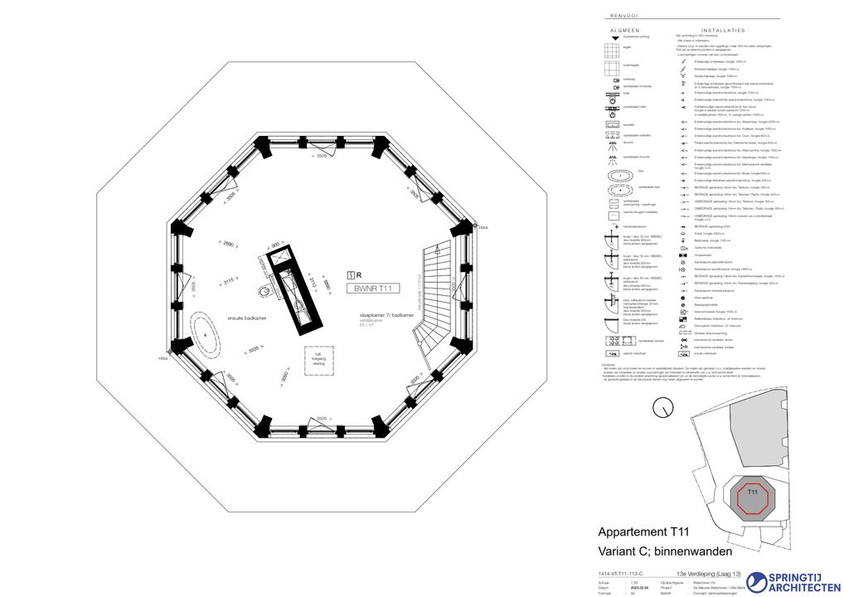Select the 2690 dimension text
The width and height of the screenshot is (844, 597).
tap(229, 243)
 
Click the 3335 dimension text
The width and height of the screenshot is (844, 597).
tap(255, 350)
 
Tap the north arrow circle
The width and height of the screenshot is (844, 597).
tap(662, 407)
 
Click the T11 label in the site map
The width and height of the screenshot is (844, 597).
tap(752, 494)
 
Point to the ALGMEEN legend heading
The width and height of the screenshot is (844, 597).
tap(625, 29)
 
